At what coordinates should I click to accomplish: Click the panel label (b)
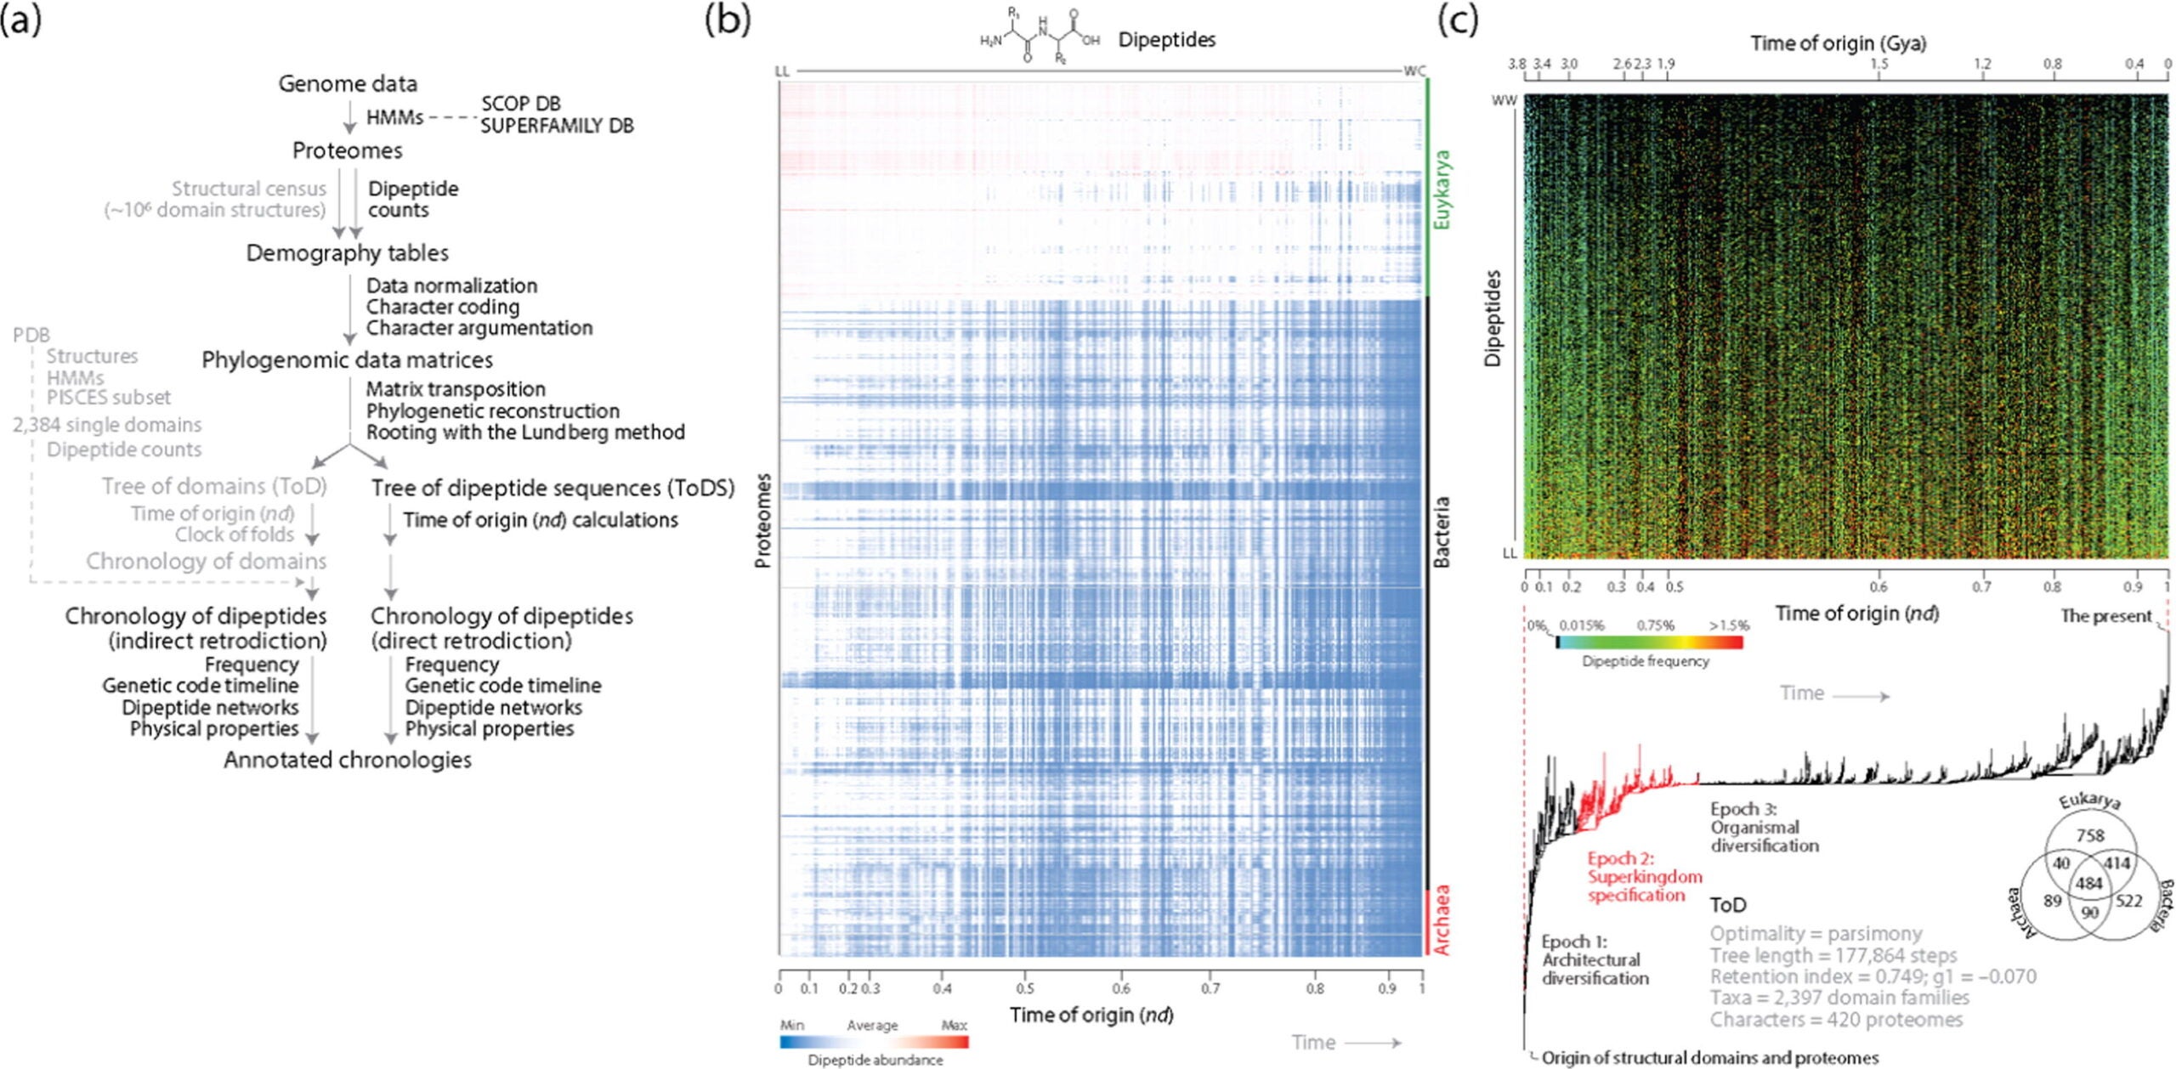pos(728,21)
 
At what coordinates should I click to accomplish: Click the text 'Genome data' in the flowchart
pos(348,84)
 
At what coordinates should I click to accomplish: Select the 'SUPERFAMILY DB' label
pos(557,126)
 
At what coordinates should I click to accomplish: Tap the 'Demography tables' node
pos(347,253)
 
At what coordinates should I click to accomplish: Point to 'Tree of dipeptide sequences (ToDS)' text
pos(552,488)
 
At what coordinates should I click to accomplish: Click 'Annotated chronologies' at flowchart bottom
pos(347,760)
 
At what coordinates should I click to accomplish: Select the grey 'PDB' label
pos(31,335)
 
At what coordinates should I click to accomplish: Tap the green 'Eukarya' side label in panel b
pos(1442,189)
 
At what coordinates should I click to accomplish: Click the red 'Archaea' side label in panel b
pos(1442,920)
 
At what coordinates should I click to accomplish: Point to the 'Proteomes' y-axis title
pos(762,520)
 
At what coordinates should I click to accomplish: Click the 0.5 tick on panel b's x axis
pos(1025,988)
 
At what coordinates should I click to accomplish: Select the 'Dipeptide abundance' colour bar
pos(874,1042)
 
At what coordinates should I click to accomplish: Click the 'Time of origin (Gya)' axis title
pos(1838,43)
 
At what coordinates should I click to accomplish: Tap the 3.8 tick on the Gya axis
pos(1517,64)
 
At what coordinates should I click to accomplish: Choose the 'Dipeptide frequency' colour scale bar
pos(1649,642)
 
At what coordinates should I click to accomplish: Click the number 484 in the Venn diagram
pos(2088,884)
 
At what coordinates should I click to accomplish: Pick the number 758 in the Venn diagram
pos(2089,835)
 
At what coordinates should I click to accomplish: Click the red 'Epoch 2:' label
pos(1620,858)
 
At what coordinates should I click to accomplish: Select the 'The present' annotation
pos(2105,615)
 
